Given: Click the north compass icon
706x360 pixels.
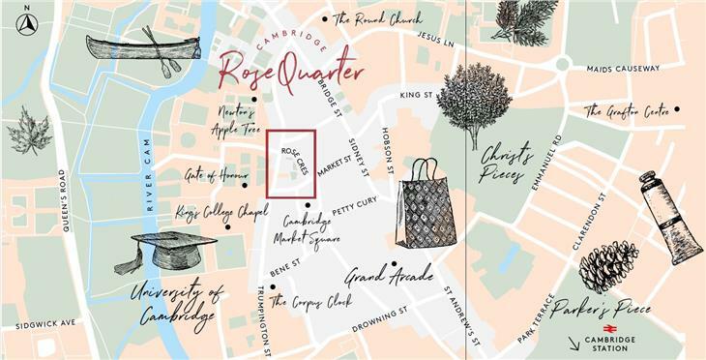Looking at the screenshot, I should click(26, 25).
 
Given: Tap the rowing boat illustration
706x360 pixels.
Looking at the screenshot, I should click(142, 48).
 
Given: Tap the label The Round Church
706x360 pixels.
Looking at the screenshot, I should click(376, 18).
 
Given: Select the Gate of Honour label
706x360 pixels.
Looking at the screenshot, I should click(210, 176).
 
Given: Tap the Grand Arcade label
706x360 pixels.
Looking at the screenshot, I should click(388, 278).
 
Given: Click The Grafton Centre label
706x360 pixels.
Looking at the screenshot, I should click(627, 112).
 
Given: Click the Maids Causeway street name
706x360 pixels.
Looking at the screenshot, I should click(623, 69).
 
